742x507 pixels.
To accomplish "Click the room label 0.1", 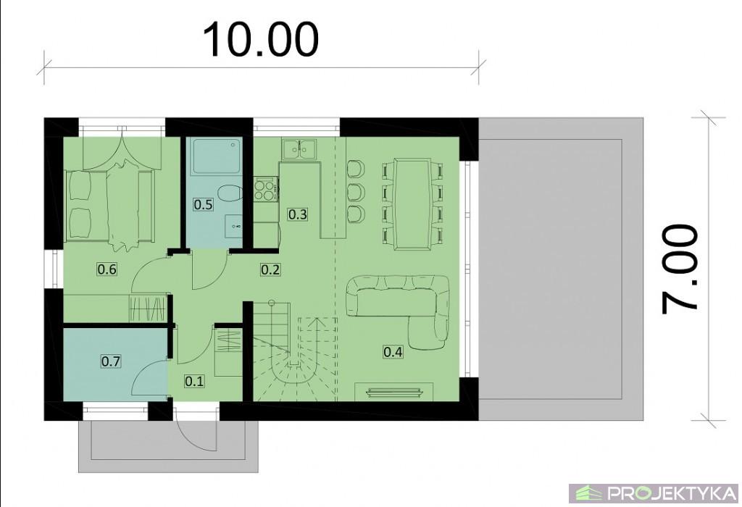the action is (194, 381).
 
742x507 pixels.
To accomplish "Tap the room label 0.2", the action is (270, 269).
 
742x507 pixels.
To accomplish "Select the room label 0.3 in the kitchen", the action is (297, 214).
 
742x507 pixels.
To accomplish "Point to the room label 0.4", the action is (393, 352).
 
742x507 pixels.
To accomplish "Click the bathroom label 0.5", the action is (203, 205).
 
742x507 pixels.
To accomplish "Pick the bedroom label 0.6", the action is (107, 269).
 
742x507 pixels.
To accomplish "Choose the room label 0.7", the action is (111, 361).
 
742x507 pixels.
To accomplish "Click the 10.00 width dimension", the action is (261, 41).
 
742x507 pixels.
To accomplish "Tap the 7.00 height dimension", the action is (680, 269).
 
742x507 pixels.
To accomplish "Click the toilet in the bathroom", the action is (230, 193).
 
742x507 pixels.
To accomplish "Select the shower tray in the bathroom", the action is (215, 156).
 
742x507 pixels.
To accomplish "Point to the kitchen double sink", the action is (299, 149).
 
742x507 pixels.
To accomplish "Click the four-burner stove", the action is (265, 190).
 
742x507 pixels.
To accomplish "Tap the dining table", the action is (412, 204).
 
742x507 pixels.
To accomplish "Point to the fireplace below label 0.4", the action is (393, 392).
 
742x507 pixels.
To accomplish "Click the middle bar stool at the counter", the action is (355, 191).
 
